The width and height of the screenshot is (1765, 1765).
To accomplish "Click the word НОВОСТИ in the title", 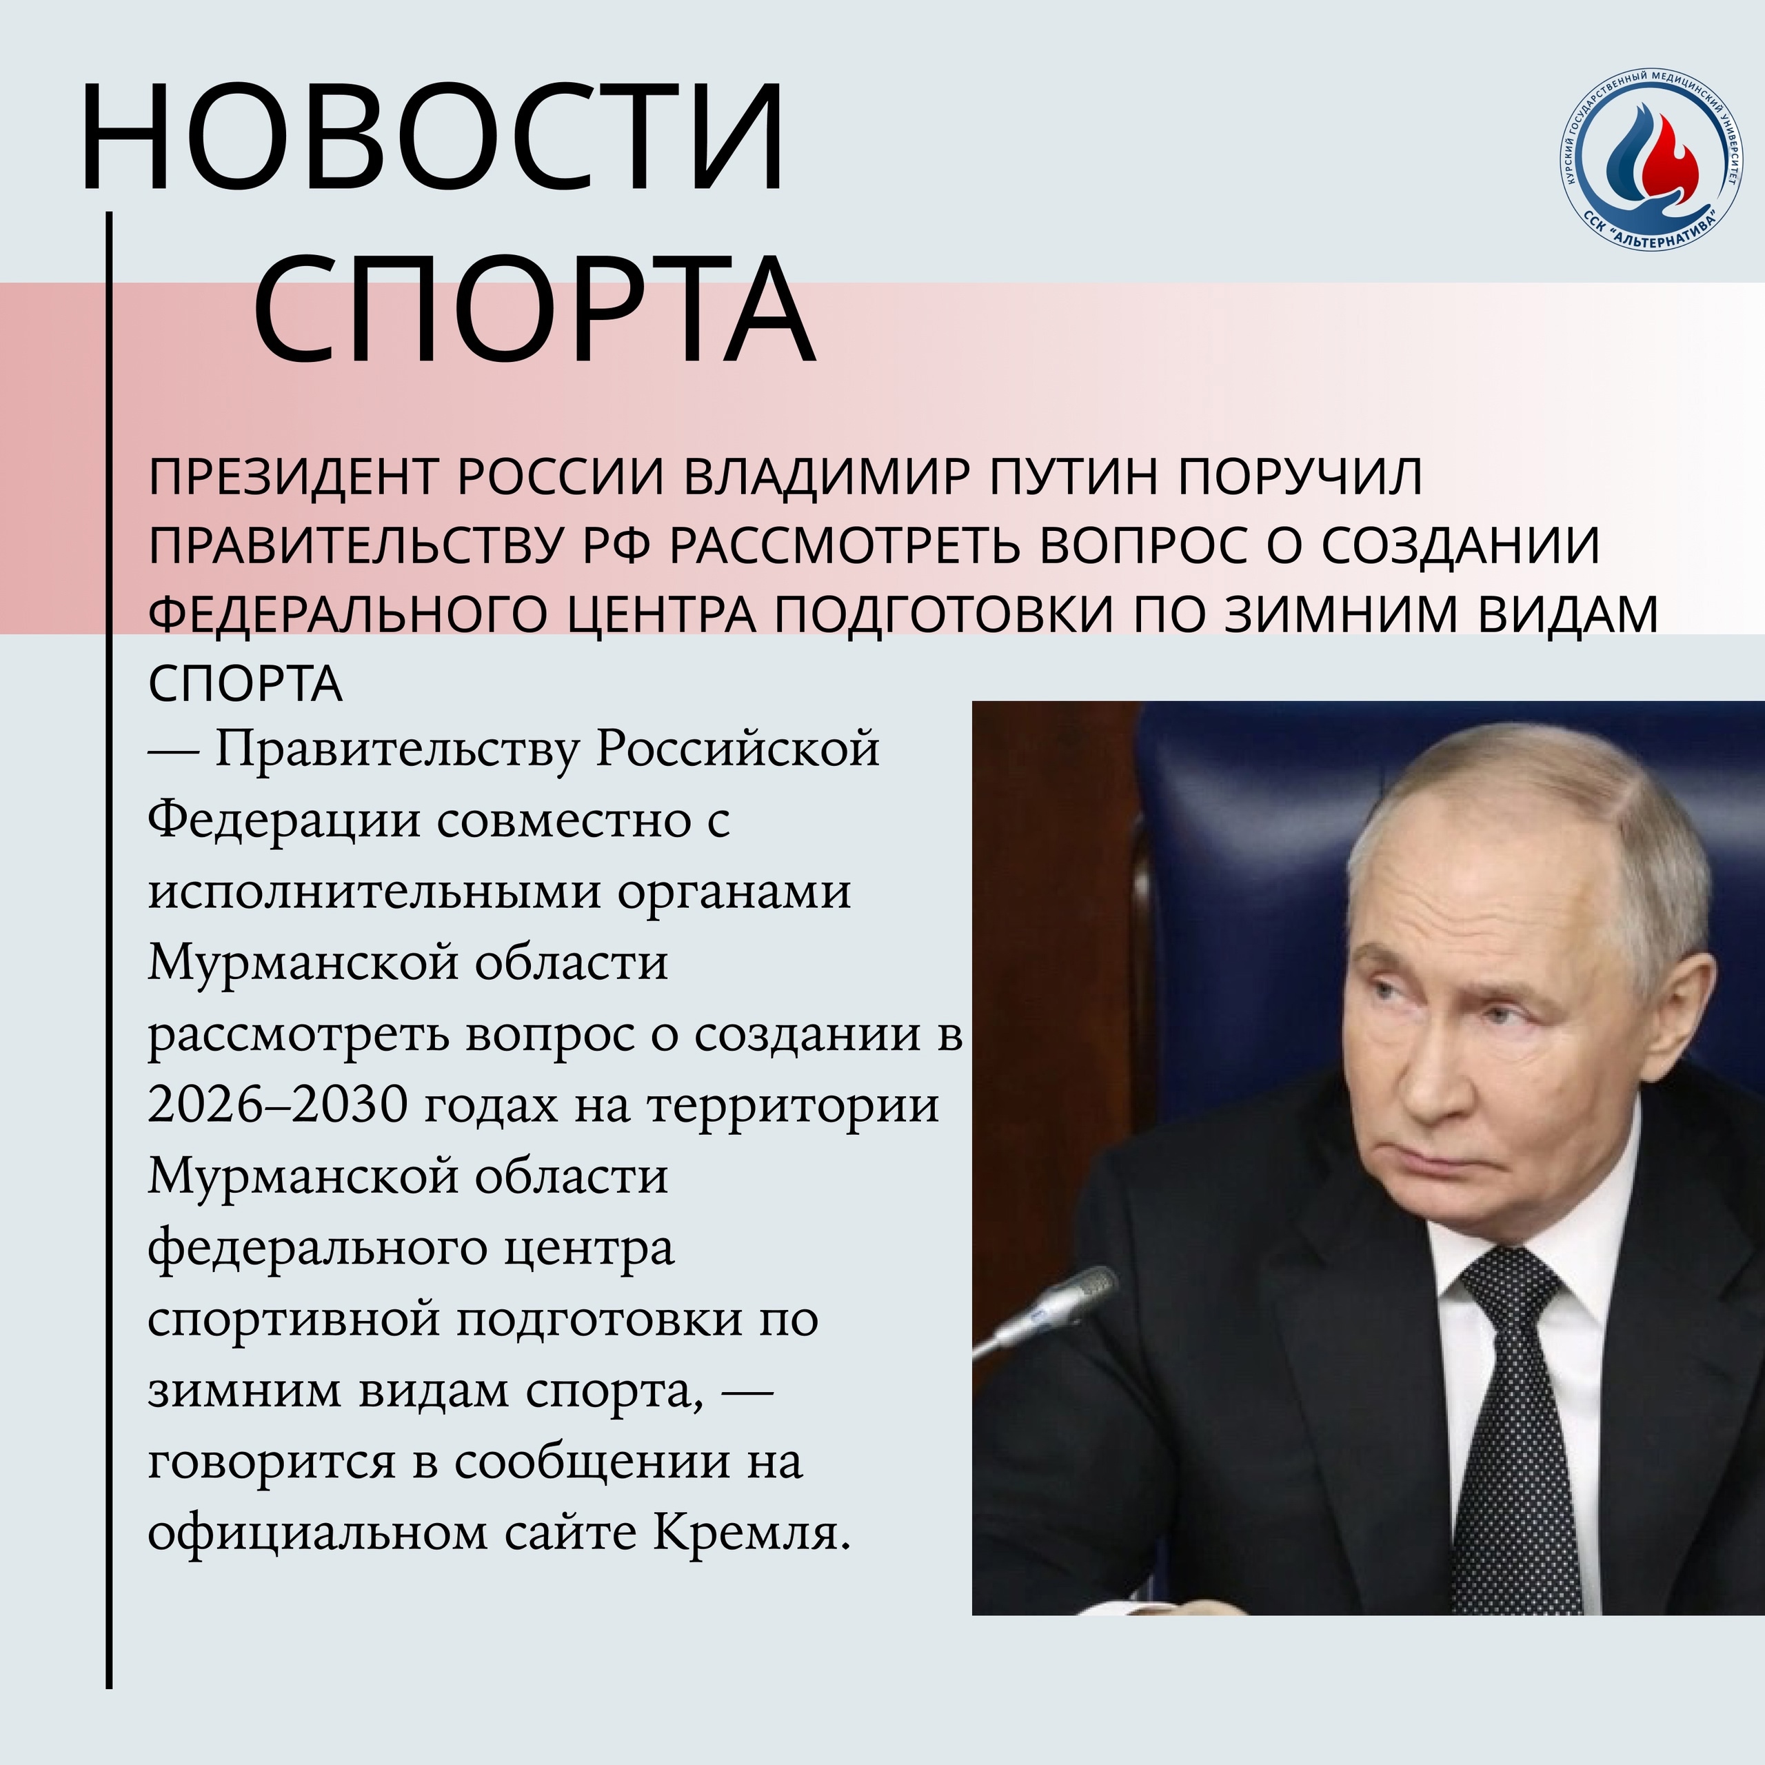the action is tap(433, 138).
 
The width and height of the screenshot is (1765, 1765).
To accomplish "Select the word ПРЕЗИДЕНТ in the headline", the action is tap(294, 477).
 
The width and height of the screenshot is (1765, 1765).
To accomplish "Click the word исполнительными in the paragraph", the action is tap(374, 891).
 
